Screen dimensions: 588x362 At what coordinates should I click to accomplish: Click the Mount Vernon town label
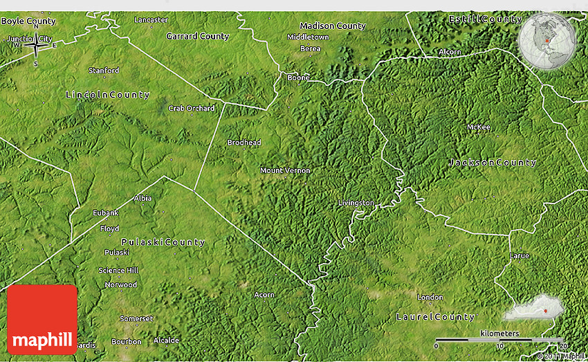click(285, 170)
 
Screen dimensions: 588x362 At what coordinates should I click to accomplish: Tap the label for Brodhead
click(244, 143)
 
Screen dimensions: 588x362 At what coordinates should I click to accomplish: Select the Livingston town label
click(356, 203)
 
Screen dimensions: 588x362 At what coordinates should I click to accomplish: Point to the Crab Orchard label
click(191, 108)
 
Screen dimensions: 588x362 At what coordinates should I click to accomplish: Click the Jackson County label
click(492, 163)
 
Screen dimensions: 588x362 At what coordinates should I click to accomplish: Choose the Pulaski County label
click(163, 242)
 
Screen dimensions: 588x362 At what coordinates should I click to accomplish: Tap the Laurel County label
click(435, 317)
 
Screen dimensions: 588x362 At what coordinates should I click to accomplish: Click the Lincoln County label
click(107, 94)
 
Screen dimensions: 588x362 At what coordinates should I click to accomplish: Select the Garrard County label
click(198, 36)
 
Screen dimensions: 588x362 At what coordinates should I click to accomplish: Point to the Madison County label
click(332, 26)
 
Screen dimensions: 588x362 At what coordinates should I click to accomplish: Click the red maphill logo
click(42, 319)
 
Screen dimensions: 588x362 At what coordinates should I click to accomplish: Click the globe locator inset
click(546, 42)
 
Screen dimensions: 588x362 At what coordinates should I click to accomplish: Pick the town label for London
click(430, 297)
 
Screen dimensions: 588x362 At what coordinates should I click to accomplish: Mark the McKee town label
click(478, 127)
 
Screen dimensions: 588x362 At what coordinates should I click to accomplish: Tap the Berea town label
click(310, 48)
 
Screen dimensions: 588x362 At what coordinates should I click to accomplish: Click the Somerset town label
click(136, 318)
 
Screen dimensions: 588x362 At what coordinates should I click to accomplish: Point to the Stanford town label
click(103, 71)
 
